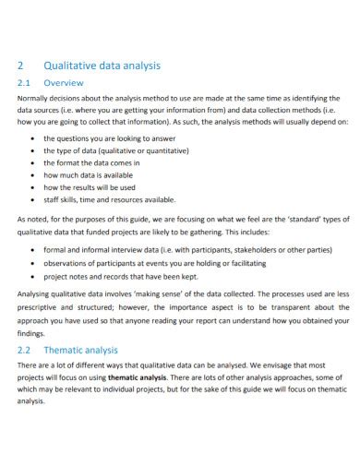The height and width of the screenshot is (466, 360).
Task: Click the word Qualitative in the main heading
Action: tap(70, 66)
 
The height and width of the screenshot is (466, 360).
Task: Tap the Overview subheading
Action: tap(66, 82)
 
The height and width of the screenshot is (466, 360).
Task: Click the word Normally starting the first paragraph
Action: tap(37, 98)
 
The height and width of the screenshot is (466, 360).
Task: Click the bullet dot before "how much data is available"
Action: tap(34, 174)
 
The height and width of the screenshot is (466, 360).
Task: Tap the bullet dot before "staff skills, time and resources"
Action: tap(34, 199)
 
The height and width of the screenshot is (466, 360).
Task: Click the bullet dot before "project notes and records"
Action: tap(34, 275)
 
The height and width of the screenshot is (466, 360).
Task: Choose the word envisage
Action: tap(265, 365)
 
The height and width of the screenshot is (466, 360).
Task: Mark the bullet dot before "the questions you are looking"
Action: tap(34, 137)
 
